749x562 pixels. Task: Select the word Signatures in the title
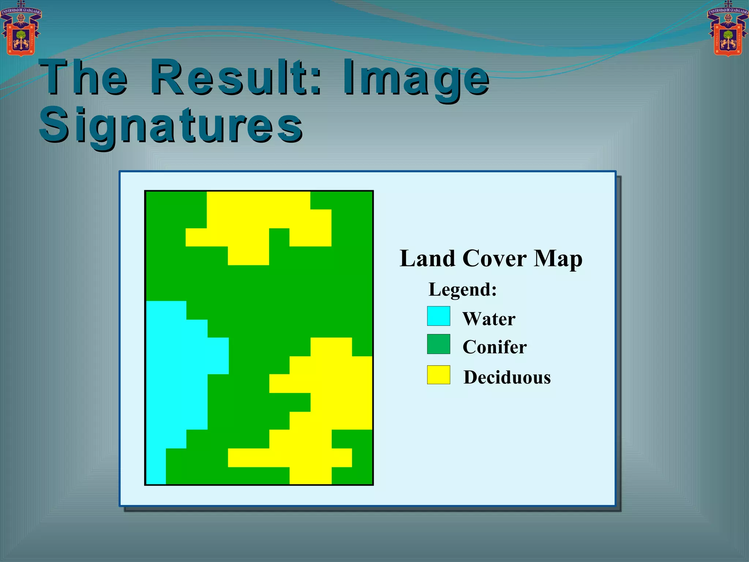[171, 125]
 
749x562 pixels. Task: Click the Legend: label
[463, 289]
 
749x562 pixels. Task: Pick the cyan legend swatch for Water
[439, 316]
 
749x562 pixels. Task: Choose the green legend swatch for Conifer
[439, 344]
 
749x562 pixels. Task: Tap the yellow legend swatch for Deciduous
[439, 375]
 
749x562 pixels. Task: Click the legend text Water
[489, 319]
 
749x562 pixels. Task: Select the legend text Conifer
[494, 347]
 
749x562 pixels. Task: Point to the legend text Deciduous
[507, 377]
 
